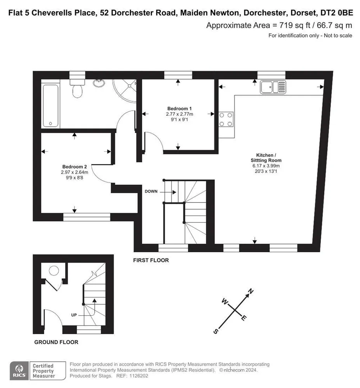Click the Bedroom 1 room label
pos(179,109)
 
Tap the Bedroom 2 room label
pos(75,167)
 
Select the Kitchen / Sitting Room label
pos(266,158)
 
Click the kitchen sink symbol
pos(273,87)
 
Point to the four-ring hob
pos(226,119)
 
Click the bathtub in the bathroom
pos(50,106)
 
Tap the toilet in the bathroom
pos(77,88)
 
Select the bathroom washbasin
pos(99,82)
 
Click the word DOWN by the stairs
pos(151,191)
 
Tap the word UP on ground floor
pos(74,315)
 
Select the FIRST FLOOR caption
pos(151,260)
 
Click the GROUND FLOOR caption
pos(56,342)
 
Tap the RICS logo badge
pos(19,371)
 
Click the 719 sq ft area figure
pos(295,25)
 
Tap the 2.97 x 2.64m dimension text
pos(75,172)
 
